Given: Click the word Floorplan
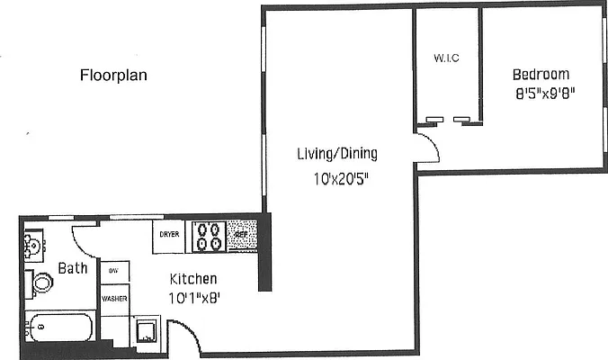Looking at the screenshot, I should click(x=113, y=75).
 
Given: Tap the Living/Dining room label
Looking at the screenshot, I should click(x=337, y=153).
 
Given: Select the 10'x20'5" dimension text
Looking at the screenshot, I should click(x=336, y=178).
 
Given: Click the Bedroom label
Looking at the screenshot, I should click(x=541, y=74).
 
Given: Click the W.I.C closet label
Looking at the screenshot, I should click(x=446, y=58).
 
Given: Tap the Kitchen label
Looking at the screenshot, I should click(x=192, y=280).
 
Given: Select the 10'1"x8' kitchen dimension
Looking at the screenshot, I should click(x=193, y=298).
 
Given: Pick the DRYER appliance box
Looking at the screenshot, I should click(x=170, y=235).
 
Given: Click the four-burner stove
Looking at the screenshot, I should click(x=209, y=236).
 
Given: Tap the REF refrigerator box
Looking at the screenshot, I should click(x=241, y=235).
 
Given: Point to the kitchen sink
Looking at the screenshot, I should click(x=146, y=332).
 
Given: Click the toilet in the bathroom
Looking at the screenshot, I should click(x=40, y=283).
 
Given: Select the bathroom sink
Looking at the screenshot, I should click(x=34, y=243).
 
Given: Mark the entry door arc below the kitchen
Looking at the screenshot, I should click(x=185, y=339).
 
